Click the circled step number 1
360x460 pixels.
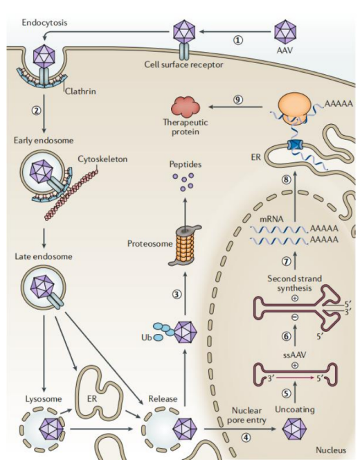[x=237, y=40]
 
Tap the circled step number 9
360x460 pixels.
[x=238, y=100]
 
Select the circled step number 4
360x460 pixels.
[x=246, y=437]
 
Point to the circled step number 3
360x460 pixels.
[x=177, y=294]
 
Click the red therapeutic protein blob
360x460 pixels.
[x=186, y=106]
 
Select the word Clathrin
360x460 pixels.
[x=80, y=91]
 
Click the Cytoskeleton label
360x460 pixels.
[x=102, y=159]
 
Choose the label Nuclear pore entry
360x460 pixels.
[x=246, y=415]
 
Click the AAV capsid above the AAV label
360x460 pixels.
[x=285, y=32]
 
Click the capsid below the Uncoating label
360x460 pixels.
[x=294, y=429]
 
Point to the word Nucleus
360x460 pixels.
[x=331, y=450]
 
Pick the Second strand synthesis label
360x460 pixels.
[x=294, y=283]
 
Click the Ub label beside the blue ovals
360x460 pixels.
[x=146, y=337]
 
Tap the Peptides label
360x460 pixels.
[x=186, y=164]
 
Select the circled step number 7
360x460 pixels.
[x=287, y=261]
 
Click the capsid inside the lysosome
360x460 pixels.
[x=51, y=429]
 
